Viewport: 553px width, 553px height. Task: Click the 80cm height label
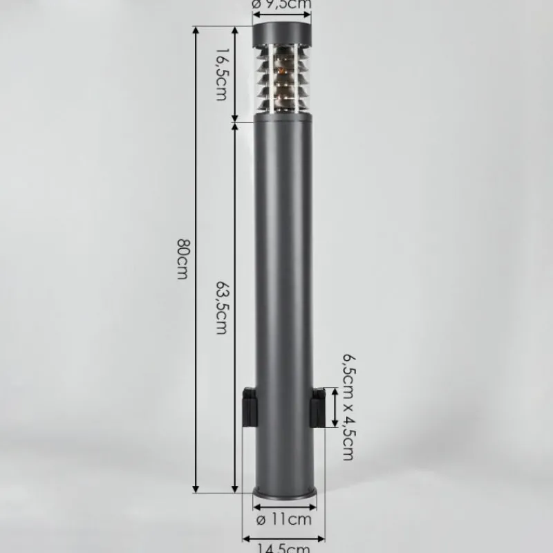[x=182, y=259]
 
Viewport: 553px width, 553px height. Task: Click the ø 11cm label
[x=283, y=518]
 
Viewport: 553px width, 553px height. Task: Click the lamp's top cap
[x=282, y=32]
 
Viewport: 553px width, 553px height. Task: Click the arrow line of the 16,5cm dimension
[x=236, y=75]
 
